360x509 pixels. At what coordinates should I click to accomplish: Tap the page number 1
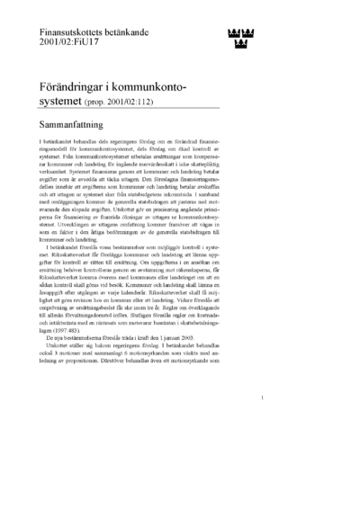[259, 422]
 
